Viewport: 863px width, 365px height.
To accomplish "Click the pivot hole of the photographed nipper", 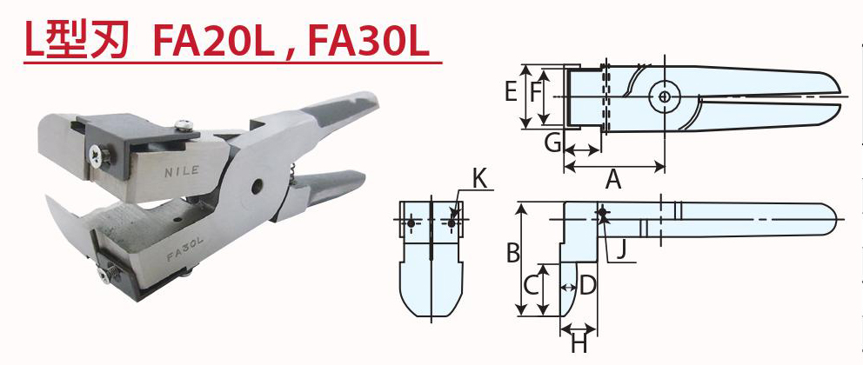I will (257, 186).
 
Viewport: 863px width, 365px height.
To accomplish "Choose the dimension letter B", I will (513, 254).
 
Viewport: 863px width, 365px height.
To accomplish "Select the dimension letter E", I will (511, 90).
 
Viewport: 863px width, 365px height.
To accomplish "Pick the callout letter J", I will (619, 253).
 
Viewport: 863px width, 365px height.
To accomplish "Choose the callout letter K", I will (479, 180).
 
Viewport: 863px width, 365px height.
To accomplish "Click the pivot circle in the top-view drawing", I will (665, 97).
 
